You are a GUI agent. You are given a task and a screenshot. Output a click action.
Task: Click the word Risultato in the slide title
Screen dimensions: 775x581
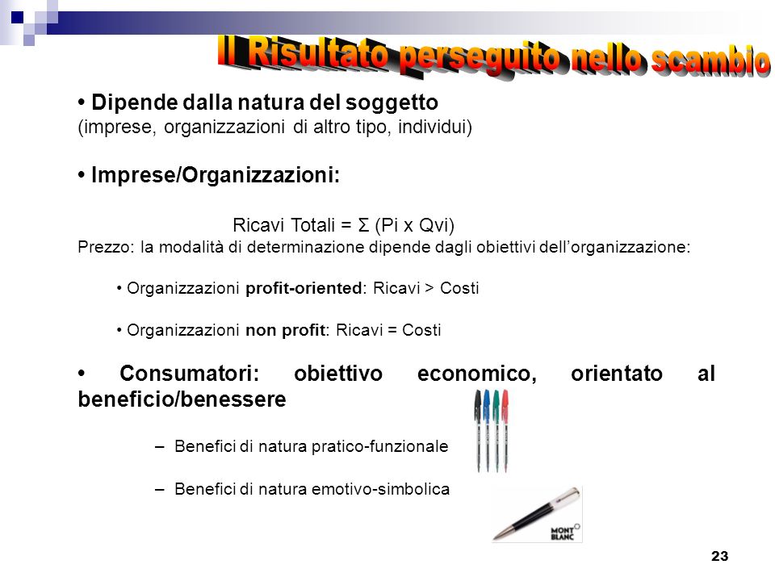coord(318,53)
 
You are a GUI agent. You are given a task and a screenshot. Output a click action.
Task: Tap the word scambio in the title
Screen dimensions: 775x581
coord(710,61)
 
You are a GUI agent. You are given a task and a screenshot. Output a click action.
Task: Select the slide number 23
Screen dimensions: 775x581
coord(719,556)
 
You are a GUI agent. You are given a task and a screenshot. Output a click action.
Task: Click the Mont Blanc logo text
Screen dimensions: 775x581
coord(563,533)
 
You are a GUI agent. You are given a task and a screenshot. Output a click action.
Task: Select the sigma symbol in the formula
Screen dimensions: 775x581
coord(363,225)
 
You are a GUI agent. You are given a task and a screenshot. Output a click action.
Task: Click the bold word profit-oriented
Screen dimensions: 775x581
coord(304,288)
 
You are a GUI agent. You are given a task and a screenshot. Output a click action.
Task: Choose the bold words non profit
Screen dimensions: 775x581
coord(285,330)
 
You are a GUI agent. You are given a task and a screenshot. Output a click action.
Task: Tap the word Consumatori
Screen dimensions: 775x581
coord(189,374)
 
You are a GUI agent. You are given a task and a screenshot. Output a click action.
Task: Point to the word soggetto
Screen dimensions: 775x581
coord(392,103)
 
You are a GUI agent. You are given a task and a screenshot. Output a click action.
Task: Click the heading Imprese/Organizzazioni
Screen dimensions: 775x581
coord(216,175)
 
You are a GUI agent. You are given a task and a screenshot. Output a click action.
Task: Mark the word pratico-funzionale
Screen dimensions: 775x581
coord(379,446)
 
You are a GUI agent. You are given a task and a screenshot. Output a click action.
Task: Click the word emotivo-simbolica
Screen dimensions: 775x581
coord(380,489)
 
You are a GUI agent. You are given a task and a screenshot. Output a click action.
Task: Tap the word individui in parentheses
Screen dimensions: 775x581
coord(435,127)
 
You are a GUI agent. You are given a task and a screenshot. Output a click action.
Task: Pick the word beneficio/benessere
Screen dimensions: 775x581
coord(182,399)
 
